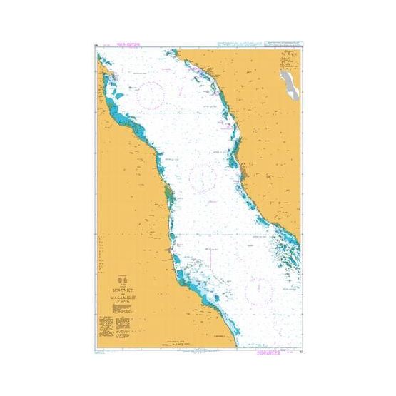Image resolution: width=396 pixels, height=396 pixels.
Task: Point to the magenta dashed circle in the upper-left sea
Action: pyautogui.click(x=151, y=95)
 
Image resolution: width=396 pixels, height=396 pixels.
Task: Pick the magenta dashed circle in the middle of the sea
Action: pyautogui.click(x=204, y=173)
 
